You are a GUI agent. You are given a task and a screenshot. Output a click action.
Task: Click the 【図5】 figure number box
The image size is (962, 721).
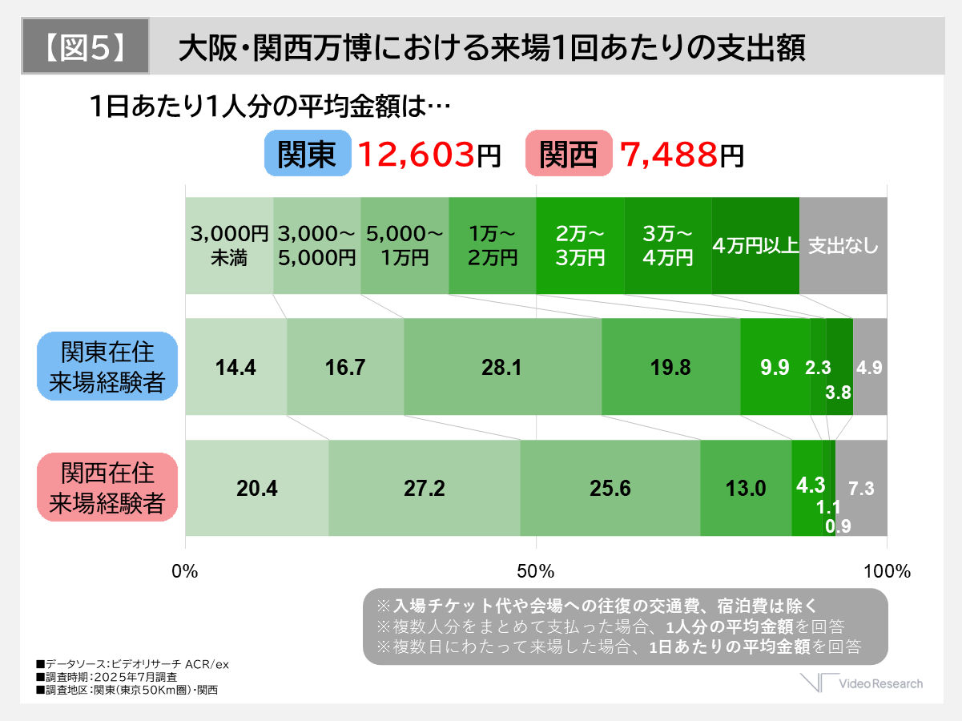point(85,46)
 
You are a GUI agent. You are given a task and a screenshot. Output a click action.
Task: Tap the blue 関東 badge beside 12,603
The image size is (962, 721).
point(308,154)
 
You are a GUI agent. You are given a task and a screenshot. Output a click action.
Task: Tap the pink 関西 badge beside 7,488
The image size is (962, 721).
point(569,154)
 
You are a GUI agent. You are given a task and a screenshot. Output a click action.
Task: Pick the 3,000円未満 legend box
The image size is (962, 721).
point(229,245)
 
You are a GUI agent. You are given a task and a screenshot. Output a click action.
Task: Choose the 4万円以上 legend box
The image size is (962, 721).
point(755,245)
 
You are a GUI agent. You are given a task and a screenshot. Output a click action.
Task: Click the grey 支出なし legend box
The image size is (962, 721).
point(843,245)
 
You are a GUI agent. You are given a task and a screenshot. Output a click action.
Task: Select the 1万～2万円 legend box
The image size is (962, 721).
point(492,245)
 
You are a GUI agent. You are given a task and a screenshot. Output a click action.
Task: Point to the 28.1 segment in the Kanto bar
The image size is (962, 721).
point(502,367)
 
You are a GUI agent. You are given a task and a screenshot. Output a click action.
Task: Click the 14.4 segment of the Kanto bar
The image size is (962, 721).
point(235,367)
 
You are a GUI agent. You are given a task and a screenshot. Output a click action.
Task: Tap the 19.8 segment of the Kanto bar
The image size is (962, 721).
point(670,367)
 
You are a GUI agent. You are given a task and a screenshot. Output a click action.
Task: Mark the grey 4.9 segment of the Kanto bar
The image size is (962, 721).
point(870,367)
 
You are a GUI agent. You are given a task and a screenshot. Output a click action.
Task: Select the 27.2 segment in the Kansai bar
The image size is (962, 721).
point(424,488)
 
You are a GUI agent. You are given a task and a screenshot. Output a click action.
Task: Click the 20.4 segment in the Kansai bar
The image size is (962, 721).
point(256,488)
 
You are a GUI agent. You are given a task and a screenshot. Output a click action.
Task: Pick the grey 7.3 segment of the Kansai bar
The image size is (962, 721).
point(861,488)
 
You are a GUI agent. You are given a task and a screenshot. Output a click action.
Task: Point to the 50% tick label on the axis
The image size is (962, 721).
point(536,571)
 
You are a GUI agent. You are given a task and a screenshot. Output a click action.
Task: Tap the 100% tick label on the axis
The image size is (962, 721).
point(887,571)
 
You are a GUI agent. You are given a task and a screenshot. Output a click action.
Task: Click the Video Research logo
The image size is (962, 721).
point(863,683)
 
